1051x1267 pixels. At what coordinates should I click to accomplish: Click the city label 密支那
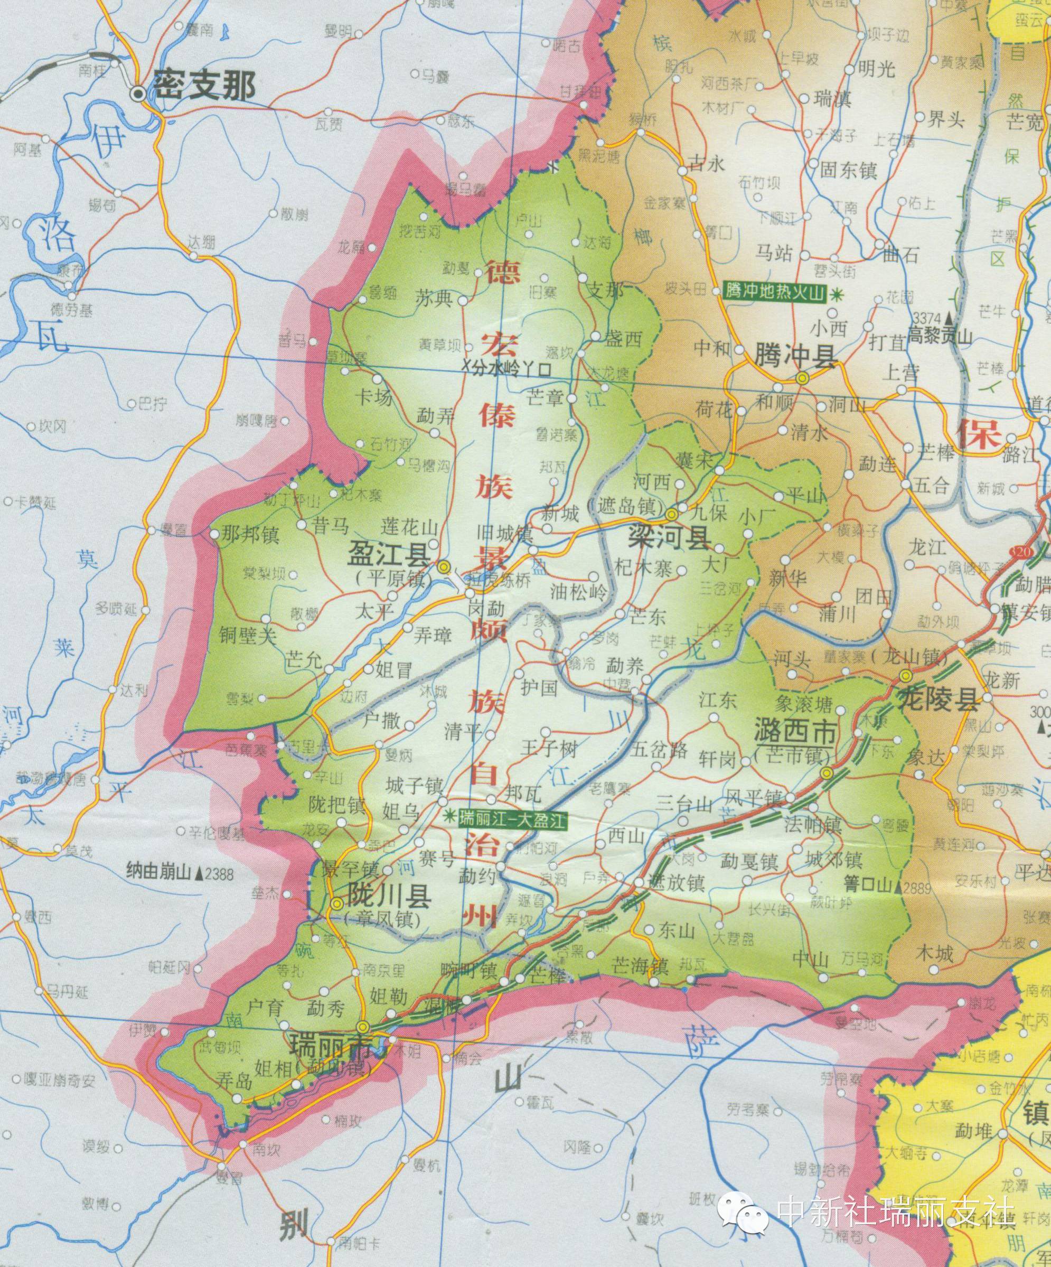click(203, 86)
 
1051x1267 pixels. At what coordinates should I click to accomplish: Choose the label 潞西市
click(795, 733)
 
